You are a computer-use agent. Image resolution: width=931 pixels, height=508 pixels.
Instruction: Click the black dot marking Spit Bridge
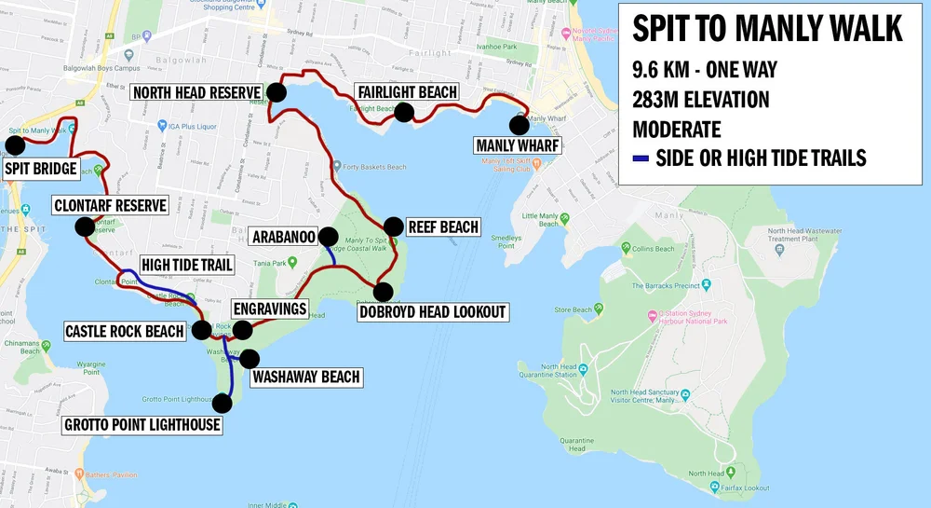(x=15, y=144)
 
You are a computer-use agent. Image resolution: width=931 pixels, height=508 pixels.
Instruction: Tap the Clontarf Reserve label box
(x=110, y=205)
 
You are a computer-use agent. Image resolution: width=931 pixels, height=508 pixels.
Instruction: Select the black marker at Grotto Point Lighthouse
(x=222, y=403)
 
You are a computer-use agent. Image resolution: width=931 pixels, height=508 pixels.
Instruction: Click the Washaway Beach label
(x=304, y=378)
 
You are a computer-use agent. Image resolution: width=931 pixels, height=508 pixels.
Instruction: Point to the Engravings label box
(x=271, y=309)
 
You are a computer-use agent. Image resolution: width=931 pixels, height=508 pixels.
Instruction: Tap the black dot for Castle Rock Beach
(x=200, y=329)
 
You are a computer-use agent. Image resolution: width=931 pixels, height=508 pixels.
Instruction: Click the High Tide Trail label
(x=187, y=266)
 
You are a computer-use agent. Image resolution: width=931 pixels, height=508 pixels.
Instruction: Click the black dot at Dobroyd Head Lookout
(x=383, y=291)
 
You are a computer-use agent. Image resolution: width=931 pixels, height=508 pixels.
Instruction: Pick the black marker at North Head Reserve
(x=277, y=91)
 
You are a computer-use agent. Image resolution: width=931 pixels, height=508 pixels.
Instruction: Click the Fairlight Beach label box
(x=407, y=91)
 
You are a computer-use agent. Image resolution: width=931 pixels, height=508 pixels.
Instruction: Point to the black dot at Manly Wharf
(x=519, y=124)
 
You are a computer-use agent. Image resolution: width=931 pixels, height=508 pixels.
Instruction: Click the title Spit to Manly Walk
(x=767, y=29)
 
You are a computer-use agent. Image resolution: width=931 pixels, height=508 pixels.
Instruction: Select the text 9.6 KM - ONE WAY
(x=704, y=69)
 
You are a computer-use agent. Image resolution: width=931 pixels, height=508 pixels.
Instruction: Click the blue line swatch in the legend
(x=640, y=158)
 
